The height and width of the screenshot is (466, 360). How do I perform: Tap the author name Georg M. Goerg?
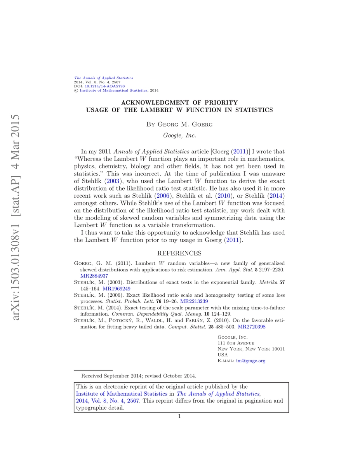click(x=179, y=124)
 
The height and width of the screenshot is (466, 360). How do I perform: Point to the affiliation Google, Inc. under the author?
click(x=179, y=136)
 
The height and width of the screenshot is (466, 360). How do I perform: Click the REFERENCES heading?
click(x=179, y=253)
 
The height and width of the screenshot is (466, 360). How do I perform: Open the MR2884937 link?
click(x=94, y=276)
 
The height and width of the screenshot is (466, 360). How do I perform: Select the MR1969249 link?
click(x=117, y=289)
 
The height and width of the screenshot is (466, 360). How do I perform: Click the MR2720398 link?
click(x=252, y=327)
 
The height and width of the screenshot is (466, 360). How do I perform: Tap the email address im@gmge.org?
click(x=250, y=361)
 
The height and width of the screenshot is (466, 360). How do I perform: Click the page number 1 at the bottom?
click(x=179, y=417)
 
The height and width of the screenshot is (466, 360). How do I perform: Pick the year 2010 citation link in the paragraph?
click(x=223, y=196)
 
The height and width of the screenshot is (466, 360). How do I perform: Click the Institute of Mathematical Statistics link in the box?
click(x=122, y=393)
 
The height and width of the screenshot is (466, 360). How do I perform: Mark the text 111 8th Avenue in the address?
click(x=236, y=343)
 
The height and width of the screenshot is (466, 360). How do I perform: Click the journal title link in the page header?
click(x=103, y=78)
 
